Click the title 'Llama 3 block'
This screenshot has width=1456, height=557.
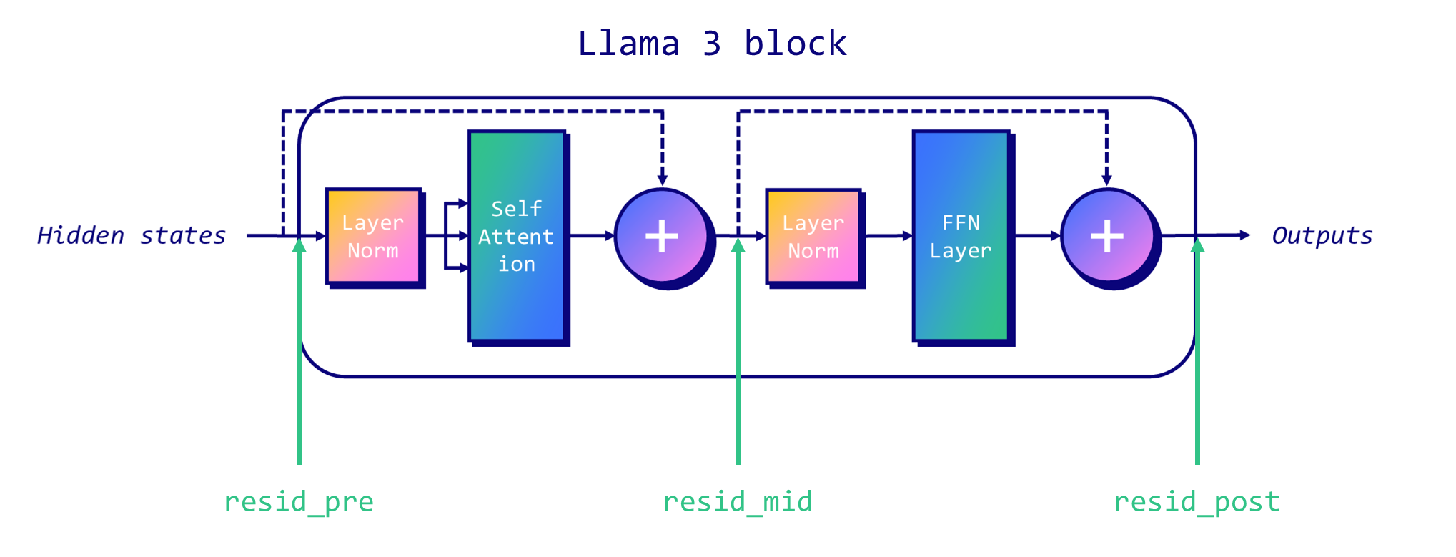pyautogui.click(x=712, y=44)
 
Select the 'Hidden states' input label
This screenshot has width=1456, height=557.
pyautogui.click(x=132, y=236)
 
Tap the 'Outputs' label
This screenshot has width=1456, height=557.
pyautogui.click(x=1322, y=236)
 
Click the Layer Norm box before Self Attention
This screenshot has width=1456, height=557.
pyautogui.click(x=373, y=237)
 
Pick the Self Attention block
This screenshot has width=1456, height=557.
pyautogui.click(x=517, y=236)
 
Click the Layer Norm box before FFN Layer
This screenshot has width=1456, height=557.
pyautogui.click(x=813, y=237)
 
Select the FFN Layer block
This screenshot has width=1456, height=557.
pyautogui.click(x=961, y=236)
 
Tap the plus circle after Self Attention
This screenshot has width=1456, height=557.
pyautogui.click(x=662, y=236)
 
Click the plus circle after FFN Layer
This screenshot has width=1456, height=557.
pyautogui.click(x=1107, y=236)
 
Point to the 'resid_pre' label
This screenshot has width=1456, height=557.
pyautogui.click(x=299, y=502)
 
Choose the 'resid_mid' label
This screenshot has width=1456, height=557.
pyautogui.click(x=738, y=502)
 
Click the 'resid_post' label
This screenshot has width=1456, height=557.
pyautogui.click(x=1197, y=502)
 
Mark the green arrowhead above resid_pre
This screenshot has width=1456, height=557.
pyautogui.click(x=299, y=245)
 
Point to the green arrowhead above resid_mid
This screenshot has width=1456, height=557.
pyautogui.click(x=738, y=245)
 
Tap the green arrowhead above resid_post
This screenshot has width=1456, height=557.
pyautogui.click(x=1198, y=245)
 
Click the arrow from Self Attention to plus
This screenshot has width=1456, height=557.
pyautogui.click(x=592, y=235)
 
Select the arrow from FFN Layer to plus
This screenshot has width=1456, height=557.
pyautogui.click(x=1036, y=235)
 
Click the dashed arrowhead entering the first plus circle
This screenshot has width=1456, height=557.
pyautogui.click(x=663, y=179)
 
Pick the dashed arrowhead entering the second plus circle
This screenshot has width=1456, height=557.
pyautogui.click(x=1106, y=179)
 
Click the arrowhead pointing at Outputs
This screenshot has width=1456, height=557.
pyautogui.click(x=1244, y=235)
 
